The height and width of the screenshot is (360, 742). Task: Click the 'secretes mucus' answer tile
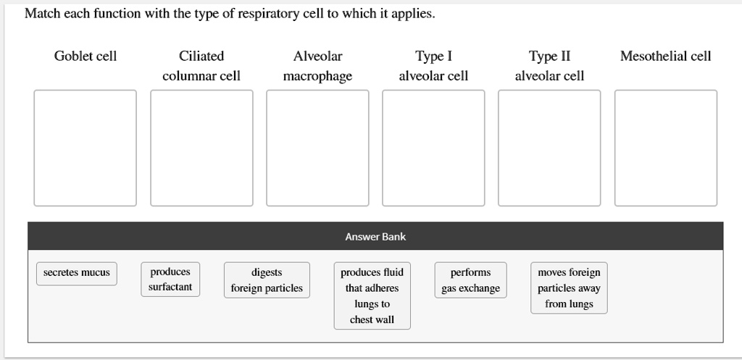[77, 273]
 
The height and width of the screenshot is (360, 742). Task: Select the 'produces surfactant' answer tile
[170, 280]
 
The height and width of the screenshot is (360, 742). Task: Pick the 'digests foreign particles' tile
[267, 280]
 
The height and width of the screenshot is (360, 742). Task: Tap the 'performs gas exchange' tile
[470, 280]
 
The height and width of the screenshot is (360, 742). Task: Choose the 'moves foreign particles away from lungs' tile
[569, 288]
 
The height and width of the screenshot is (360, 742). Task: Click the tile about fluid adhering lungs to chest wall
[372, 296]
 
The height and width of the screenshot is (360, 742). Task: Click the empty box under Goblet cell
[86, 148]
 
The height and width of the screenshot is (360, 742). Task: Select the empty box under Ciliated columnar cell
[201, 148]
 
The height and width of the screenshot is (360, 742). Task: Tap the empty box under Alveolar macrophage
[317, 148]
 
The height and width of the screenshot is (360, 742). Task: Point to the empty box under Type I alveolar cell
[433, 148]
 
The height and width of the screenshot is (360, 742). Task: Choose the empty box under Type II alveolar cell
[549, 148]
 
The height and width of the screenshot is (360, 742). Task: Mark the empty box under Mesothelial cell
[666, 148]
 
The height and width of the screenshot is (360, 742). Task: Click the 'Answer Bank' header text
[375, 237]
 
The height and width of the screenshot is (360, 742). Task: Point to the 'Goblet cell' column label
[86, 56]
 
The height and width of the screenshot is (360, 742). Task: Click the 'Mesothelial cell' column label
[666, 56]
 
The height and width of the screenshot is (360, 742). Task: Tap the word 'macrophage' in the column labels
[317, 76]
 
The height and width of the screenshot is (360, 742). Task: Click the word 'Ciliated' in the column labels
[201, 56]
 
